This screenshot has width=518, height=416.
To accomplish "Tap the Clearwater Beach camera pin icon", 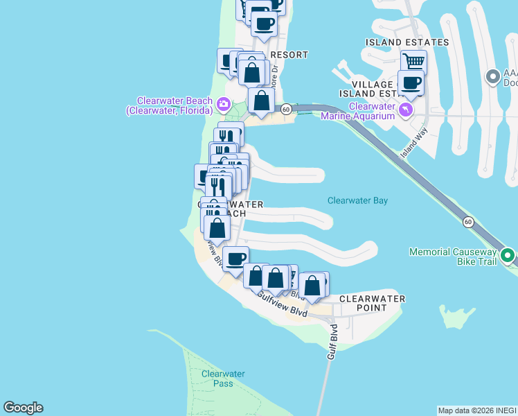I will (x=224, y=105).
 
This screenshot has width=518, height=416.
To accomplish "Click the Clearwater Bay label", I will (x=357, y=201).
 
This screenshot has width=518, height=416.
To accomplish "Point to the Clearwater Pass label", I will (x=223, y=379).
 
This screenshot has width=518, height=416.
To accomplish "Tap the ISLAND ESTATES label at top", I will (x=407, y=42).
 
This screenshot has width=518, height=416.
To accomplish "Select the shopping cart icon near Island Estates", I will (x=413, y=62).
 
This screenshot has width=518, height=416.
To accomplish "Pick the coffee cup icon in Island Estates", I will (x=411, y=84).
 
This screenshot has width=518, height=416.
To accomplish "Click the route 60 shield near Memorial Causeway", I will (x=469, y=222).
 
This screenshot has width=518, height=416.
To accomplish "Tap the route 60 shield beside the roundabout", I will (x=285, y=109).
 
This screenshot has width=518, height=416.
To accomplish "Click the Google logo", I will (x=23, y=408).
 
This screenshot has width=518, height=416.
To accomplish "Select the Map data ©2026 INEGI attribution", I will (x=477, y=410).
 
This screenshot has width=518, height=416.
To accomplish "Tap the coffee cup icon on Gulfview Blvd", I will (x=235, y=259).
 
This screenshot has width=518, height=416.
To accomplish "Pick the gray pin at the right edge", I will (x=493, y=76).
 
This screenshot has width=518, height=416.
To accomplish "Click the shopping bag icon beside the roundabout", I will (x=262, y=101).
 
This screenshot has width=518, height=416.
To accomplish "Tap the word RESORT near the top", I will (x=289, y=54).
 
